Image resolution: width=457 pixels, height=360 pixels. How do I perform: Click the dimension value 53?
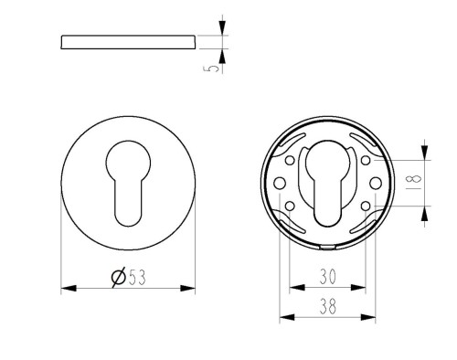(x=137, y=277)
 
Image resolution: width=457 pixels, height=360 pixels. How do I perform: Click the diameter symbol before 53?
(x=118, y=277)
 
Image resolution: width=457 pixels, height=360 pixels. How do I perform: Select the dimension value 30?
(x=327, y=276)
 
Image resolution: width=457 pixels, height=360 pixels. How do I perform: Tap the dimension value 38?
(x=327, y=306)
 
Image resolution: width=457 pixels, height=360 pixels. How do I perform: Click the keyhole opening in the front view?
(x=128, y=184)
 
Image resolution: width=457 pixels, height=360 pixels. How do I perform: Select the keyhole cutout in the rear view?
(x=327, y=184)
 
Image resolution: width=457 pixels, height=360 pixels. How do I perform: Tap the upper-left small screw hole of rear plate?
(x=290, y=160)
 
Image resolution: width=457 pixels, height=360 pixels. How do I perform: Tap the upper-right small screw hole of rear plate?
(x=366, y=160)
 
